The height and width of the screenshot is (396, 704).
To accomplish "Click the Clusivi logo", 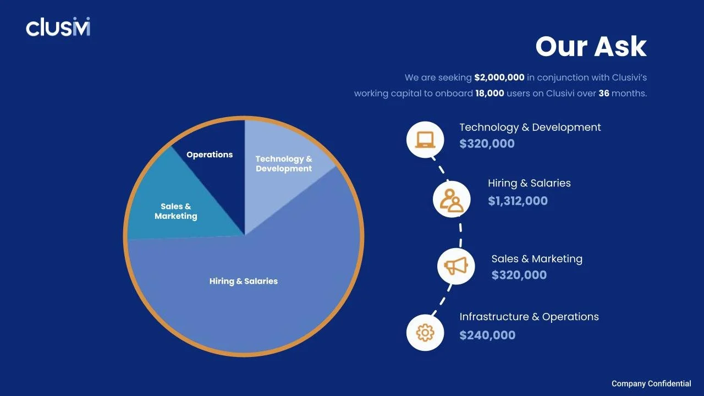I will click(58, 27).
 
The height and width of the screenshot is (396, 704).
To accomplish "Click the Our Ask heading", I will click(591, 46).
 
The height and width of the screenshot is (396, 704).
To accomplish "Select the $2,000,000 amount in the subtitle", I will click(499, 78).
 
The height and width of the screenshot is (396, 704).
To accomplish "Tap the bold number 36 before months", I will click(603, 93).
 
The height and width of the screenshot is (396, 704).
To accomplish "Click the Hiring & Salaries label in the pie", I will click(243, 281).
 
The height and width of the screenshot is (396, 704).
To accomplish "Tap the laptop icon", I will click(425, 139).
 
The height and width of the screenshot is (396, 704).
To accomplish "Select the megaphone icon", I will click(456, 266).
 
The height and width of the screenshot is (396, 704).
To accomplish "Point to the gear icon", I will click(425, 332).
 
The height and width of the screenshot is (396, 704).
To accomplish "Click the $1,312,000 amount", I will click(518, 201).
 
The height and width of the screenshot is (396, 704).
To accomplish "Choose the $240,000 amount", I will click(487, 335).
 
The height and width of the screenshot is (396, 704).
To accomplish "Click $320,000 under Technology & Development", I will click(487, 144).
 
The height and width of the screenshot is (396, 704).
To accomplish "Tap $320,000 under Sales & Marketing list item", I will click(519, 275).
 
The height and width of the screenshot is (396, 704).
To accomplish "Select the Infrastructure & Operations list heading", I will click(529, 317).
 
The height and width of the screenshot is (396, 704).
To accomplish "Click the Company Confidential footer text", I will click(651, 383).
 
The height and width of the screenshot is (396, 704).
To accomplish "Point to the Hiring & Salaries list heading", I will click(529, 183).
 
